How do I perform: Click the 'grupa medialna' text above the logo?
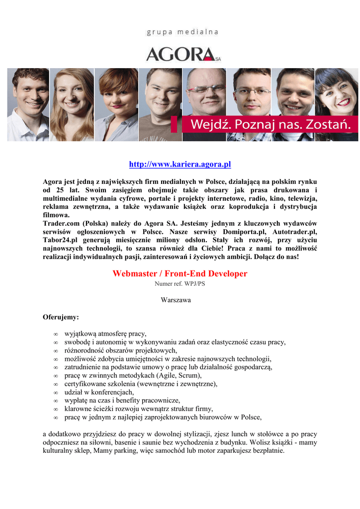click(182, 32)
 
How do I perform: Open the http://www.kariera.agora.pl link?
click(180, 165)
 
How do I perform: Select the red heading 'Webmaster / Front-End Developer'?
click(180, 273)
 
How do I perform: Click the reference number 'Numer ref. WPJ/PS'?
click(180, 284)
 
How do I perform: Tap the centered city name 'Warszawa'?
click(176, 300)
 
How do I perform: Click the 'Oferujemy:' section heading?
click(61, 316)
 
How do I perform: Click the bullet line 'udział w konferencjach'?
click(99, 392)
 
